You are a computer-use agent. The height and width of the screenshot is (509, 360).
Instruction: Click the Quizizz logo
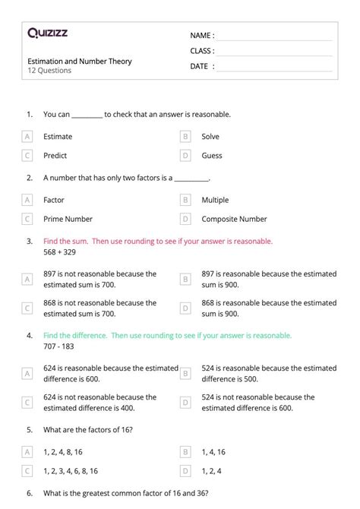tap(48, 33)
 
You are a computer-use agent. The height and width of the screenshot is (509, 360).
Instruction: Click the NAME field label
tap(202, 36)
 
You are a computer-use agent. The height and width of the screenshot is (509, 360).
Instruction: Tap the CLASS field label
tap(202, 51)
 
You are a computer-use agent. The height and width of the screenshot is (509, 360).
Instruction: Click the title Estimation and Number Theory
tap(79, 62)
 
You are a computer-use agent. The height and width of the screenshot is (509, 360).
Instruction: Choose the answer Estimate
tap(58, 137)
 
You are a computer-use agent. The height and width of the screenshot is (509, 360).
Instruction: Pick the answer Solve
tap(210, 137)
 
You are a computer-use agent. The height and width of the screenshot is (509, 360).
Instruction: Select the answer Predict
tap(55, 156)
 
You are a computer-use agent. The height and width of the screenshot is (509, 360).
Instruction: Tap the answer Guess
tap(212, 156)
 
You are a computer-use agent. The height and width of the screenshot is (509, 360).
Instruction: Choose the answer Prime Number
tap(68, 220)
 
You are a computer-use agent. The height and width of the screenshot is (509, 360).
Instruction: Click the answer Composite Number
tap(234, 220)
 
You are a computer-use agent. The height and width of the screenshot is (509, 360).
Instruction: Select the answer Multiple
tap(215, 201)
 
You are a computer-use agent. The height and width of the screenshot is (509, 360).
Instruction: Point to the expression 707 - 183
tap(59, 346)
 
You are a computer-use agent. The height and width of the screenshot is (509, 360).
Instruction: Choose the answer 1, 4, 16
tap(213, 452)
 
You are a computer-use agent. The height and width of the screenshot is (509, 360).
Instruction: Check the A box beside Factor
tap(28, 201)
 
